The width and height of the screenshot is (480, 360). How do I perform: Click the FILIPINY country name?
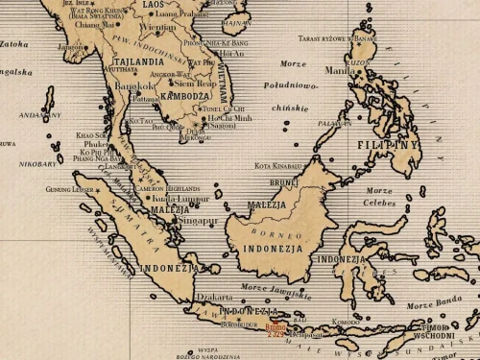(388, 145)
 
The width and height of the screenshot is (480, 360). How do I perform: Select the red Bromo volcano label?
(276, 329)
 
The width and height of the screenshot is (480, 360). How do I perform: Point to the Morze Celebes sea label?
(379, 197)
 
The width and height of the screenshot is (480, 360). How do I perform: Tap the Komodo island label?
(346, 322)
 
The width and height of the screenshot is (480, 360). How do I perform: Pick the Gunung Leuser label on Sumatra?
(71, 189)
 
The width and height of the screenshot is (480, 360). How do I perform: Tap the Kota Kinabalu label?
(278, 166)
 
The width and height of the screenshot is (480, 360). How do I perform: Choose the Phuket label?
(96, 145)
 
